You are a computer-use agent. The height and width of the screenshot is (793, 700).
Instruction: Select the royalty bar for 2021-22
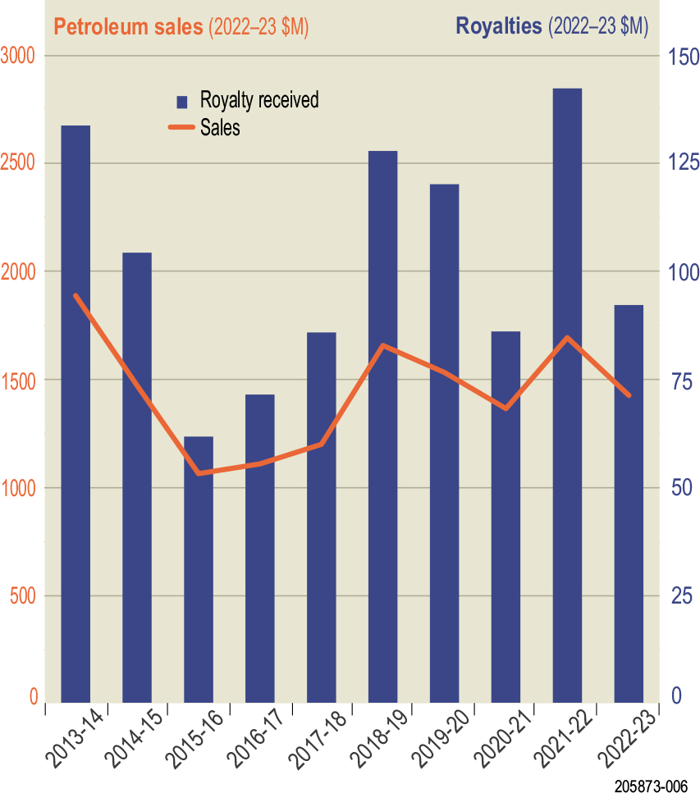coord(567,394)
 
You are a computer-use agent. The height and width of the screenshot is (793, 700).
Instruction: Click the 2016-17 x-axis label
coord(255,740)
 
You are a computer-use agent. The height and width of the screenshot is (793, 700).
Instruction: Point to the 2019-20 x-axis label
coord(440,740)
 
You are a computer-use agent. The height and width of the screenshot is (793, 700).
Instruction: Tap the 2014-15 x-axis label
coord(132,740)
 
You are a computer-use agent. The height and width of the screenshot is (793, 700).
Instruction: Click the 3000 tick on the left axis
coord(19,56)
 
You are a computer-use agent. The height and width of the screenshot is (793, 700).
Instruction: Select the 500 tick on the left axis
coord(24,595)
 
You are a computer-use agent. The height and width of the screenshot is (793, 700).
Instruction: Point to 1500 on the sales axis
coord(19,380)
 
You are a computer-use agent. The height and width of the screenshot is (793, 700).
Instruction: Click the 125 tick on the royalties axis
coord(681,163)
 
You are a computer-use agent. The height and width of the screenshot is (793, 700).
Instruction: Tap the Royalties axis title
coord(551,26)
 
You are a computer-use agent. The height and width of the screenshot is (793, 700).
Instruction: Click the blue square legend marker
coord(183,102)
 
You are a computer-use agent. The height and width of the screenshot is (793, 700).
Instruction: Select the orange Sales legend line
coord(182,127)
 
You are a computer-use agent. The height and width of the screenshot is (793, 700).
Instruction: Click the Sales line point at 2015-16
coord(199,473)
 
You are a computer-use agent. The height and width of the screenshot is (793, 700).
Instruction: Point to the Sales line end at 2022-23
coord(629,396)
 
